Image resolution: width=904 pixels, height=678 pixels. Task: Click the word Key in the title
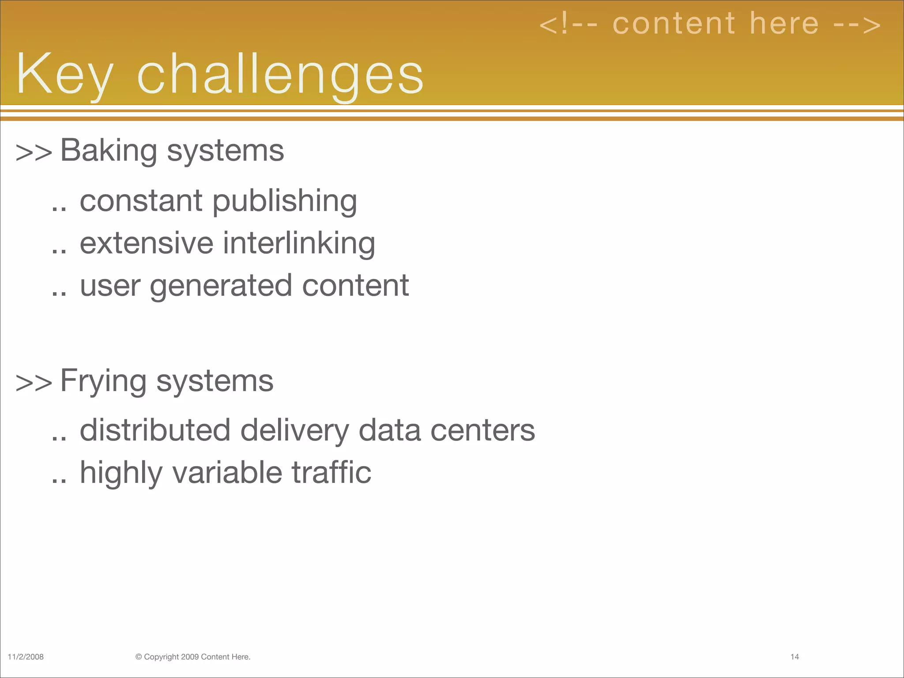tap(64, 74)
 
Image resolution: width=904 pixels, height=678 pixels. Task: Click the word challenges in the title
tap(280, 74)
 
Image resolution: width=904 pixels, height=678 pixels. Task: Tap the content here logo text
tap(710, 24)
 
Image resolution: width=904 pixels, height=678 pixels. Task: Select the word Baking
tap(109, 151)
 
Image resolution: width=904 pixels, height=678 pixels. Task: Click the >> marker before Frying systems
tap(34, 382)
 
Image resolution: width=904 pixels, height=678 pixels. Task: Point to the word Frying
tap(103, 381)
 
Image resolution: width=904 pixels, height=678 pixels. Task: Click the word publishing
tap(285, 202)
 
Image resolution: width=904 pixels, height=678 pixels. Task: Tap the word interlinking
tap(299, 244)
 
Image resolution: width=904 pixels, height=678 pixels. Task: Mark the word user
tap(110, 286)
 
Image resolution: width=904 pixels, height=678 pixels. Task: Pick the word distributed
tap(155, 430)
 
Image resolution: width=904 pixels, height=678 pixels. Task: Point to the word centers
tap(482, 431)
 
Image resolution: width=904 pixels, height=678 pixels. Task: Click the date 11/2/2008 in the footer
tap(26, 657)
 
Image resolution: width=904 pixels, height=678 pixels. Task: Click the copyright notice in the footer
tap(193, 657)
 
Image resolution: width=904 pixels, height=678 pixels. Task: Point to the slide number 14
tap(795, 657)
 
